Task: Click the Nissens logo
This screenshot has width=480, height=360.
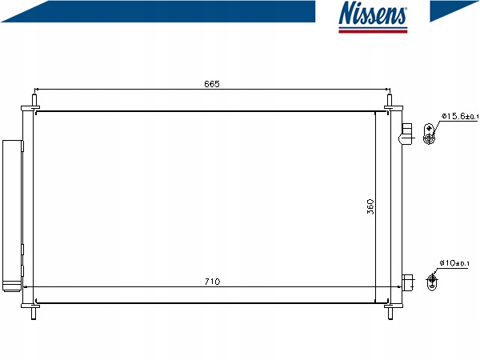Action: click(x=373, y=17)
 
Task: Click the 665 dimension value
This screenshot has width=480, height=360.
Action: click(x=212, y=84)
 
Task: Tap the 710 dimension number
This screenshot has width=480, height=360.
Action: click(x=212, y=282)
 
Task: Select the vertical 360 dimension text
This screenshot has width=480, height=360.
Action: click(x=370, y=206)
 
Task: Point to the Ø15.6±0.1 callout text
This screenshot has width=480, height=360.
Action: click(x=459, y=116)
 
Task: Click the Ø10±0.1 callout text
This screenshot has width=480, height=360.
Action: click(x=454, y=263)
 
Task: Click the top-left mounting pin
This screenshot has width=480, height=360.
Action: click(x=34, y=100)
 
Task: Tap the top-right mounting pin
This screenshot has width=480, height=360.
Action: click(x=390, y=100)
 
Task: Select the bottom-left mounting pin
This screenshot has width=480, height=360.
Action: click(x=34, y=314)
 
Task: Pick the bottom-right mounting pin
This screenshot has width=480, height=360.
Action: click(x=390, y=314)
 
